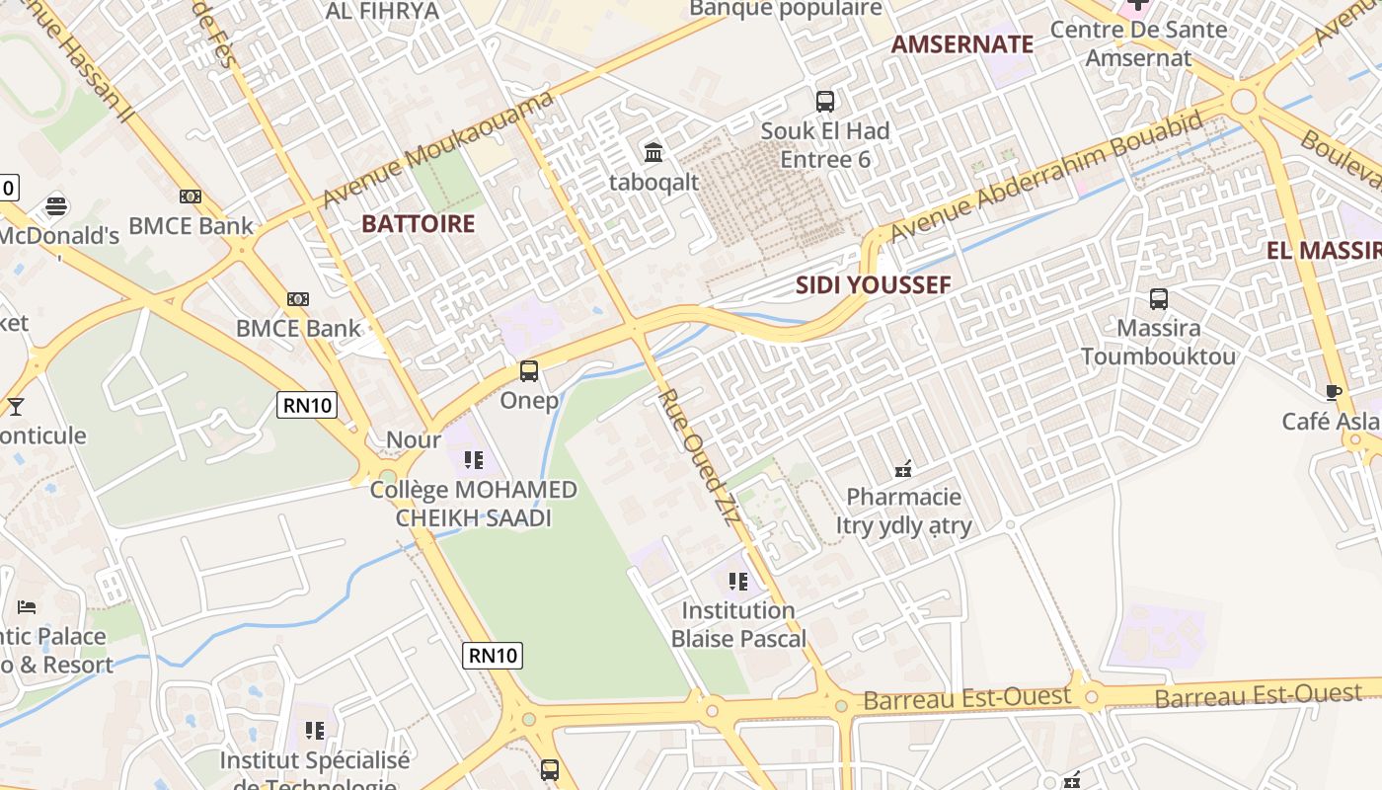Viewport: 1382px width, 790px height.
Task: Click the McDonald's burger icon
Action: coord(56,206)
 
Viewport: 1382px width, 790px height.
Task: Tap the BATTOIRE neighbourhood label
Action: coord(418,223)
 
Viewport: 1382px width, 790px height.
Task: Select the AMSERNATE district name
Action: coord(961,43)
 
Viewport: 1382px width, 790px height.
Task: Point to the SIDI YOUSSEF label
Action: coord(874,285)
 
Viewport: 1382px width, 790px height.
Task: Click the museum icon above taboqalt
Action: coord(653,153)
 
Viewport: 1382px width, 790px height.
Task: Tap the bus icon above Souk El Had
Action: coord(825,101)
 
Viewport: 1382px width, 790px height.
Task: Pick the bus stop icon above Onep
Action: coord(529,371)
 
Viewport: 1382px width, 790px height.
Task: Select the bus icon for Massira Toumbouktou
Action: coord(1159,298)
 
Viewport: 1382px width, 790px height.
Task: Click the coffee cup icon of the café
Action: coord(1334,392)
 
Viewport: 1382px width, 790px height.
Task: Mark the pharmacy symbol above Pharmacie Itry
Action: coord(902,468)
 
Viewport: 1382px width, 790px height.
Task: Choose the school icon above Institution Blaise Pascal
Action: coord(737,582)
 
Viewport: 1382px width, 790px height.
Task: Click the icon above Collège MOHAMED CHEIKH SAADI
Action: coord(474,459)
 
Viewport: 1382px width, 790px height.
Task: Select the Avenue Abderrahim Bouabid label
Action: coord(1046,176)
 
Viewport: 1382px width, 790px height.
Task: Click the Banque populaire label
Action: coord(786,9)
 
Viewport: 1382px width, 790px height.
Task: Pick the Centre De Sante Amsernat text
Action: coord(1138,43)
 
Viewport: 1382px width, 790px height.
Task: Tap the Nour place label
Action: coord(413,439)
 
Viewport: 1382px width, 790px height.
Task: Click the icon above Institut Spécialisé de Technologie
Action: coord(315,731)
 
